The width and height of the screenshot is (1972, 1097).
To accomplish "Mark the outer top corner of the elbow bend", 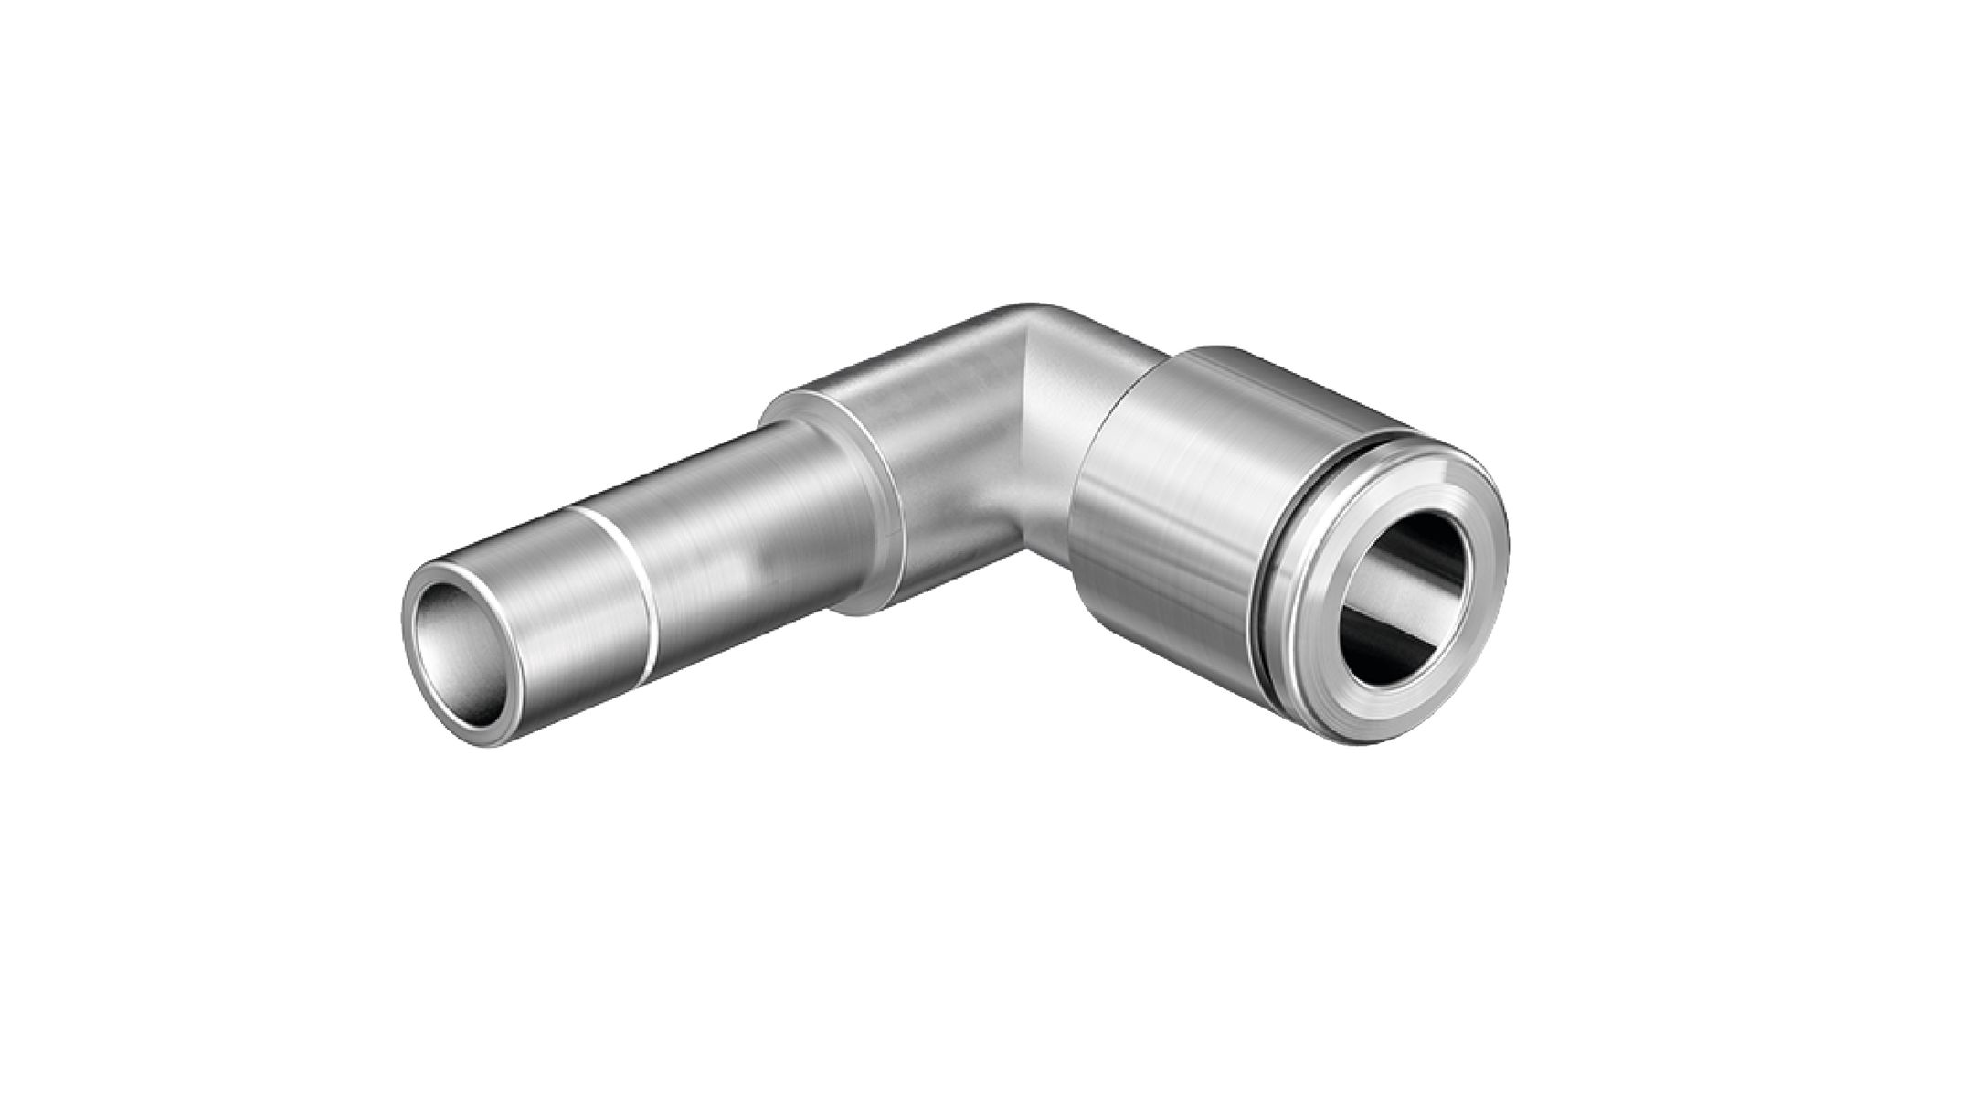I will [x=1033, y=311].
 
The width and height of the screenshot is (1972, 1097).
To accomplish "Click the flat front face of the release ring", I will [x=1316, y=649].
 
